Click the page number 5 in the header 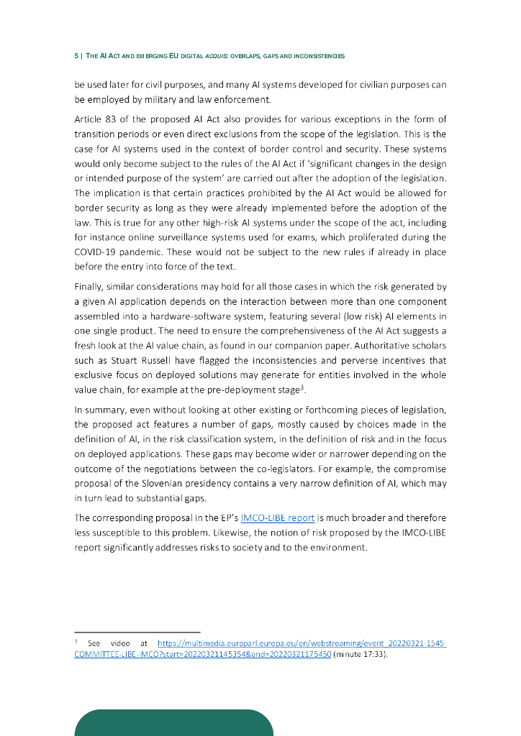[76, 55]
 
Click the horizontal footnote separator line [137, 632]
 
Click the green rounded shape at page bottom [173, 722]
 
